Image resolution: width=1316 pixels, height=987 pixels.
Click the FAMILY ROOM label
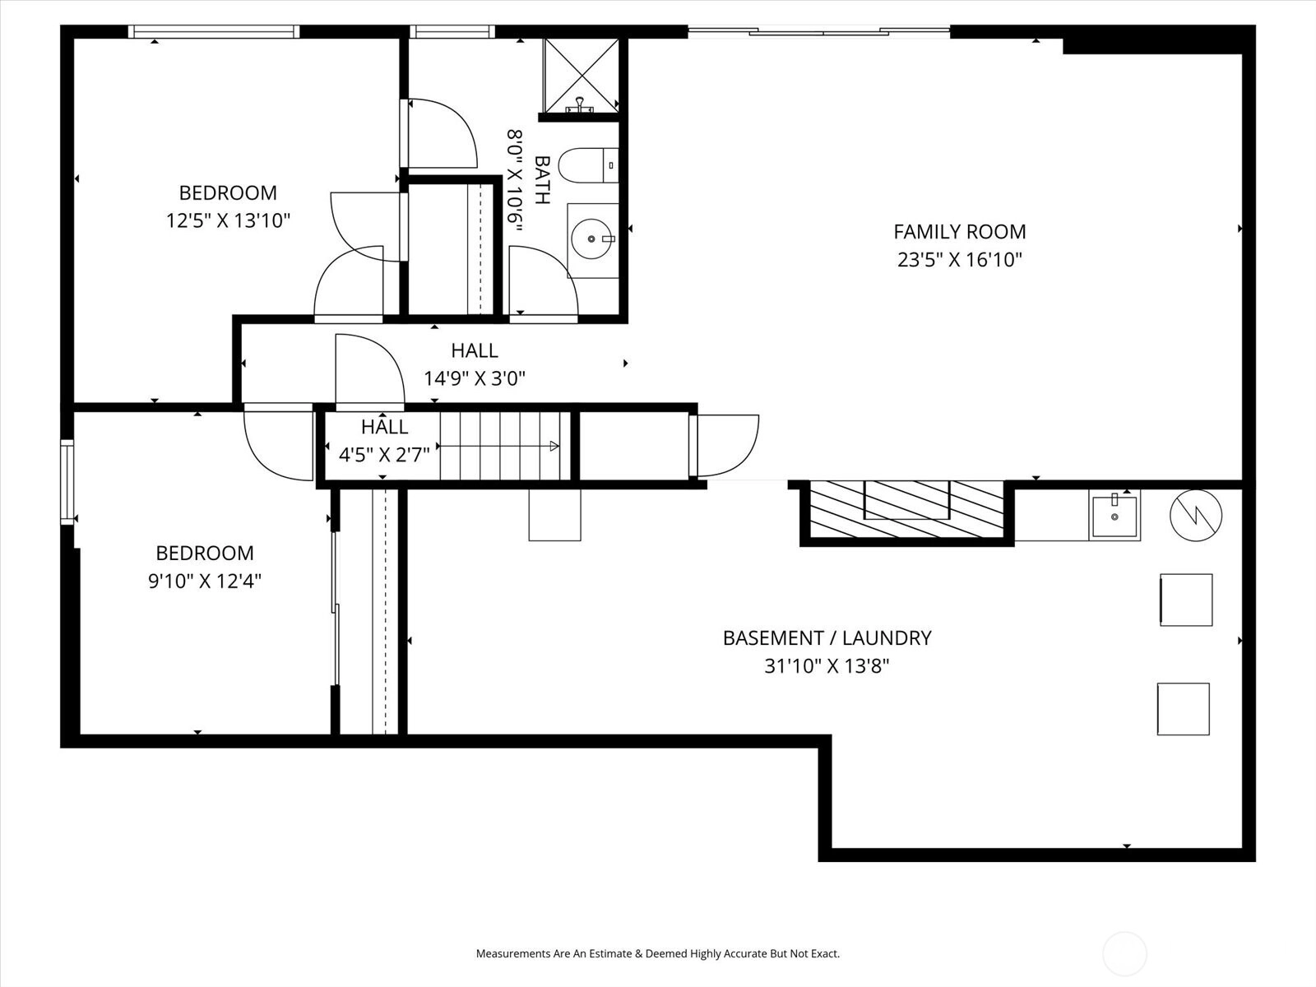959,231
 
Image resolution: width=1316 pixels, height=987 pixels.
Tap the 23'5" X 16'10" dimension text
959,259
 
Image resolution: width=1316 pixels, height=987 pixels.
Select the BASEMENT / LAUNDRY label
827,637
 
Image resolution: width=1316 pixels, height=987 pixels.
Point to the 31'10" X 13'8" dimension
827,665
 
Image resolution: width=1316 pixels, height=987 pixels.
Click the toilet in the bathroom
588,164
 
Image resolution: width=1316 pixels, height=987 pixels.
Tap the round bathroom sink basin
592,239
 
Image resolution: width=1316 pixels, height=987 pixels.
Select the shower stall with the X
581,76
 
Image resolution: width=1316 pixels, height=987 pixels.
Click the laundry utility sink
1114,515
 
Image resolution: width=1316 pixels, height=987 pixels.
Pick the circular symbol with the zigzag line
1195,516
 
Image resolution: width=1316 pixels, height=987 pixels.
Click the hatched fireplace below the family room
906,509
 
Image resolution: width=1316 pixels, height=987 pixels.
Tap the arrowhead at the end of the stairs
554,446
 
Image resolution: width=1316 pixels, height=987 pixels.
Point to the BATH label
542,180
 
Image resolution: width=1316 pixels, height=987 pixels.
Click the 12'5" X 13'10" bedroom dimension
228,220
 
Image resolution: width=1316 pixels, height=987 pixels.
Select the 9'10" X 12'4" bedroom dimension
205,581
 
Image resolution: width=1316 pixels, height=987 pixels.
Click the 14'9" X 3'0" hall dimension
475,378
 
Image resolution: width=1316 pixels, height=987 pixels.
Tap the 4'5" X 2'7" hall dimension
384,455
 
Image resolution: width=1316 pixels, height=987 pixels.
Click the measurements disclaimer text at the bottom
658,952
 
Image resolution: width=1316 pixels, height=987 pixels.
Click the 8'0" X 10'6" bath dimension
515,180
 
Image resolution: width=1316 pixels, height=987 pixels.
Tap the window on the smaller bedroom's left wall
67,482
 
